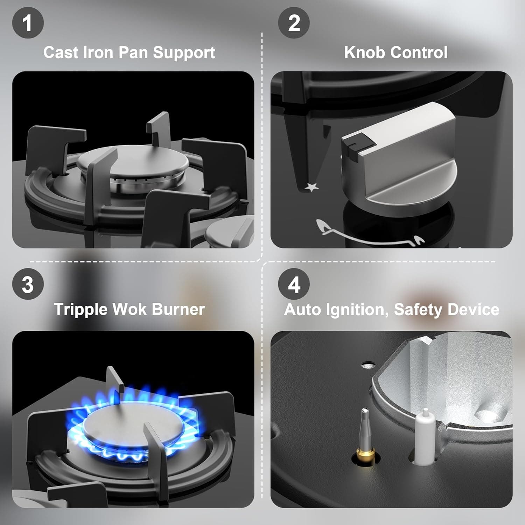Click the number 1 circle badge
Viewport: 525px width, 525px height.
(x=28, y=23)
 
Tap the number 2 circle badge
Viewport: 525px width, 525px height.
(x=294, y=23)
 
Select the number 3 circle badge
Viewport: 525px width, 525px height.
(x=28, y=284)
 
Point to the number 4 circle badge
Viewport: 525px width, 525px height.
(x=294, y=284)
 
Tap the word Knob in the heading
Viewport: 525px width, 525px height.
(x=365, y=52)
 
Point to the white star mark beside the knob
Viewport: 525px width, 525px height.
(x=311, y=187)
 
